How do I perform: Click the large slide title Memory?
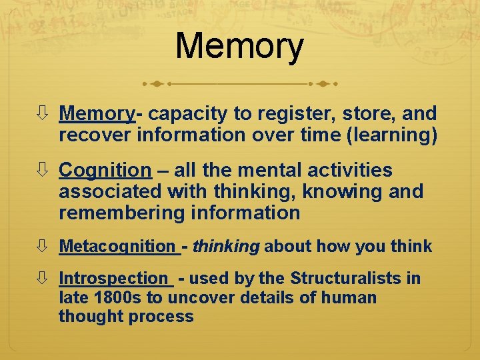239,47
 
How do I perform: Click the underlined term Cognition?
105,171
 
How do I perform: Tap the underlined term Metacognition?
117,247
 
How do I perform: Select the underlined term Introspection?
113,278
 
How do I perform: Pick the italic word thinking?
225,247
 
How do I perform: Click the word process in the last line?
162,317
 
